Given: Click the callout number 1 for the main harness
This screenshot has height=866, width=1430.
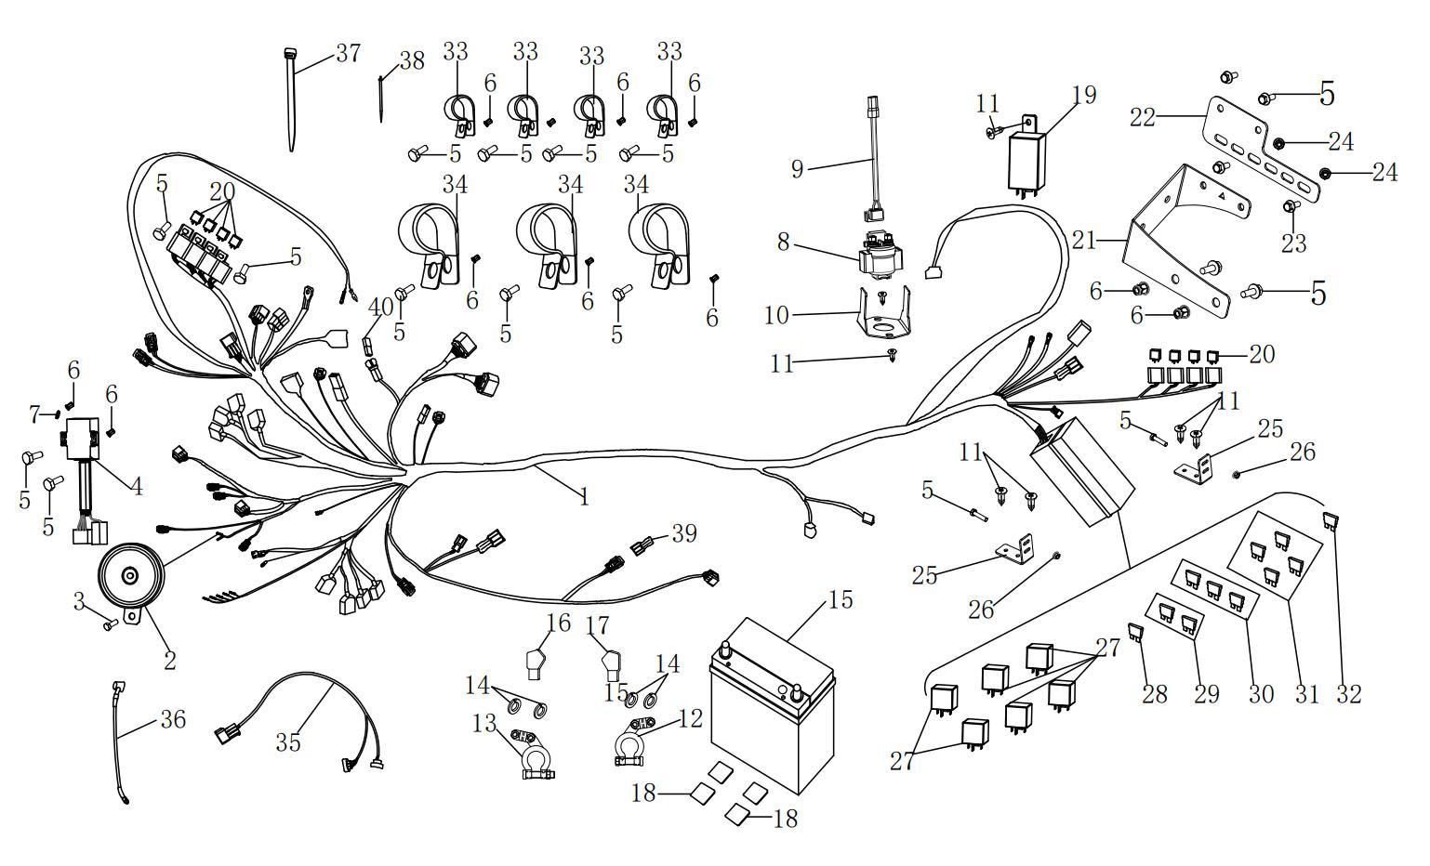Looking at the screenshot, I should pyautogui.click(x=584, y=497).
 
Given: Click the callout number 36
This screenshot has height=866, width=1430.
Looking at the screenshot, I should pyautogui.click(x=173, y=719).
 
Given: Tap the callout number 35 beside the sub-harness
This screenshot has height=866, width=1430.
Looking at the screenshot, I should pyautogui.click(x=288, y=742).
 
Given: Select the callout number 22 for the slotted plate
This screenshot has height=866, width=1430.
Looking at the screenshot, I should pyautogui.click(x=1143, y=118).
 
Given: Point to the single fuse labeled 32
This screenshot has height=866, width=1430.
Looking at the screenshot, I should pyautogui.click(x=1332, y=520).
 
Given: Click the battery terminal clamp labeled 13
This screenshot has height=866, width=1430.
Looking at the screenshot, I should pyautogui.click(x=532, y=752).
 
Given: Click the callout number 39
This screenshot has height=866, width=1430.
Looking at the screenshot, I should pyautogui.click(x=684, y=533).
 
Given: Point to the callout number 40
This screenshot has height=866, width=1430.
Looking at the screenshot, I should pyautogui.click(x=381, y=308).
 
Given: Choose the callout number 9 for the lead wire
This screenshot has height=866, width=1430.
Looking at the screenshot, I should pyautogui.click(x=797, y=168).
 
